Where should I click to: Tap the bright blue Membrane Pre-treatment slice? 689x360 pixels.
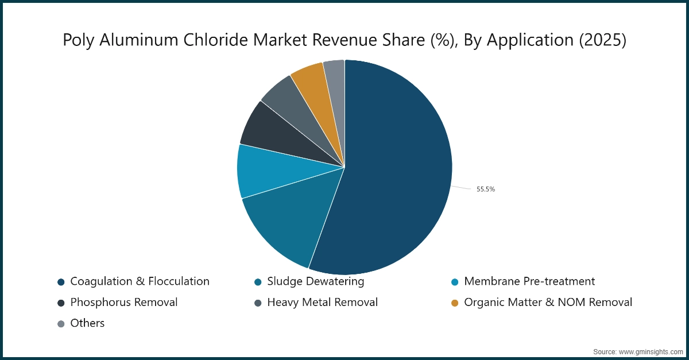tap(264, 171)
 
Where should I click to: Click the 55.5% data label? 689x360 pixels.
tap(485, 189)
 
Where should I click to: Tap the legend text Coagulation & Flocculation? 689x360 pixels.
tap(140, 281)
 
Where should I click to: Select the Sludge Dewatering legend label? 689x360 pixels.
tap(315, 281)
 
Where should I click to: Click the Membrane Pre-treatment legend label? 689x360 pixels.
tap(529, 281)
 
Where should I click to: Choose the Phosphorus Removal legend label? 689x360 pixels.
tap(124, 302)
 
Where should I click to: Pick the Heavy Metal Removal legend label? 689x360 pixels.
tap(322, 302)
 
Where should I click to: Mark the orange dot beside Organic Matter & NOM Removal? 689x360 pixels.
tap(455, 303)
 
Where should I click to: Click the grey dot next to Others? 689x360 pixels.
tap(61, 323)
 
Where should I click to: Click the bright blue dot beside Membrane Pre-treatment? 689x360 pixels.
tap(455, 282)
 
